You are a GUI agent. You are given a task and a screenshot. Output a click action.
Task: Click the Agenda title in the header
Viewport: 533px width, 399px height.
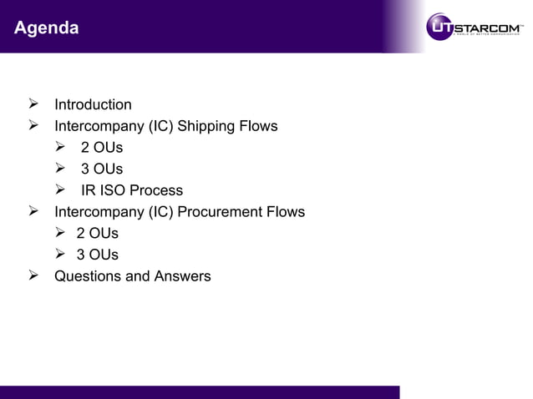click(x=47, y=28)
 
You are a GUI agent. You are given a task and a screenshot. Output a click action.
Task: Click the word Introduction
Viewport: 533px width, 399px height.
click(x=93, y=105)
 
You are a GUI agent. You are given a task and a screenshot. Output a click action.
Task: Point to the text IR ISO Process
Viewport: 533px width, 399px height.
click(x=131, y=190)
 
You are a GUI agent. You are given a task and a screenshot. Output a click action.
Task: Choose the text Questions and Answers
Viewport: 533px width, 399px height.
click(x=132, y=275)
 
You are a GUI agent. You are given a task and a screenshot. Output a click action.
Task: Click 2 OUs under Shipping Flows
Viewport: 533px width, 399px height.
click(x=101, y=148)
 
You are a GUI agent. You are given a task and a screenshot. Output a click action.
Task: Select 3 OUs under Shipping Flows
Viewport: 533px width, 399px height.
click(x=101, y=169)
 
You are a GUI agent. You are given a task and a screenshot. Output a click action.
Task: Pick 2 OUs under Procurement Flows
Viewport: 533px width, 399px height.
click(x=97, y=233)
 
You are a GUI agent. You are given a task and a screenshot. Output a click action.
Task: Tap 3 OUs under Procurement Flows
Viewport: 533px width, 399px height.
click(x=97, y=255)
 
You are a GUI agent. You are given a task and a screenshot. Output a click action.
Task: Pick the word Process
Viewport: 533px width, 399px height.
click(x=156, y=190)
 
